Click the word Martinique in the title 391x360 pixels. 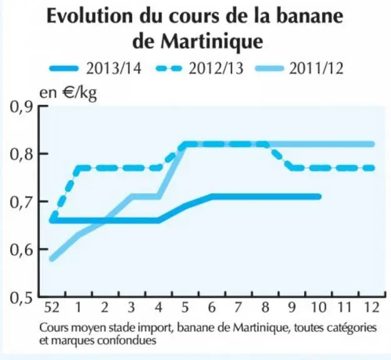212,41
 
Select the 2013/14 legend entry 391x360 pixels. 96,68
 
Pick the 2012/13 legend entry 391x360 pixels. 200,68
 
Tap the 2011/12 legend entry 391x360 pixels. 300,68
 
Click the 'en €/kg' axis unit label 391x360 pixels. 68,93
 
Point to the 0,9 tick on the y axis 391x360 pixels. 21,107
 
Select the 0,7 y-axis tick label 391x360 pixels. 21,202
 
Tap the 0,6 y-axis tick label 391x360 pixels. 21,249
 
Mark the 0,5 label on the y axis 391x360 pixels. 21,297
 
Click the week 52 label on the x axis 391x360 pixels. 52,307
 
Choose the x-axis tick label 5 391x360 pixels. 185,307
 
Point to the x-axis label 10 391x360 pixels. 319,307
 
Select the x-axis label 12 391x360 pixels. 372,307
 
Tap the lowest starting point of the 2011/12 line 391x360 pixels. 52,259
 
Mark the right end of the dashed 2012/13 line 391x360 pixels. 372,168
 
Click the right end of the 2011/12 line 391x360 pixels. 372,144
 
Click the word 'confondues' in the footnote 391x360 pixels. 127,340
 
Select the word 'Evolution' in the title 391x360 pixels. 89,16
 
